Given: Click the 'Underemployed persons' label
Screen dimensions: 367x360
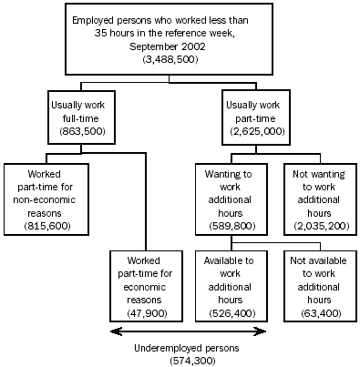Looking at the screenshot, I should pos(189,349).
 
